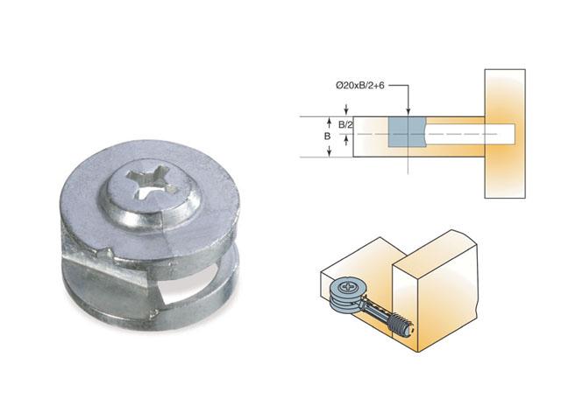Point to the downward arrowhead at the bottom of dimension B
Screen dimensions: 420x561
[329, 152]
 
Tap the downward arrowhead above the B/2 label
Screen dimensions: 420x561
[329, 113]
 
